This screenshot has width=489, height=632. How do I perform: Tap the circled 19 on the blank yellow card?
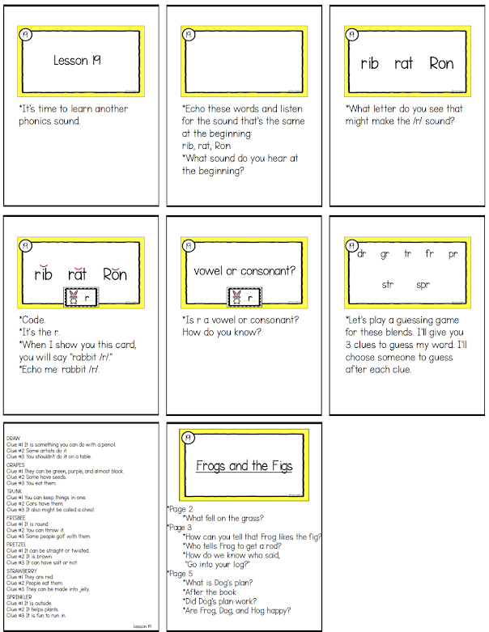pos(189,35)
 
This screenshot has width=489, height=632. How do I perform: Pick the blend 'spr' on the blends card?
pos(423,285)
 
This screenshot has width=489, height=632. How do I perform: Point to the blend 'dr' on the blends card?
pos(361,255)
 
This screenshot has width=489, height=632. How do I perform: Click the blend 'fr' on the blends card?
pos(429,255)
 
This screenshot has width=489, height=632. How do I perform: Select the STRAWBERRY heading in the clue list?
pos(19,569)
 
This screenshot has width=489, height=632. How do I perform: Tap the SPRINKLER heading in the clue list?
pos(19,596)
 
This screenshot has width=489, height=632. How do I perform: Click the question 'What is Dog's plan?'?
pos(215,583)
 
